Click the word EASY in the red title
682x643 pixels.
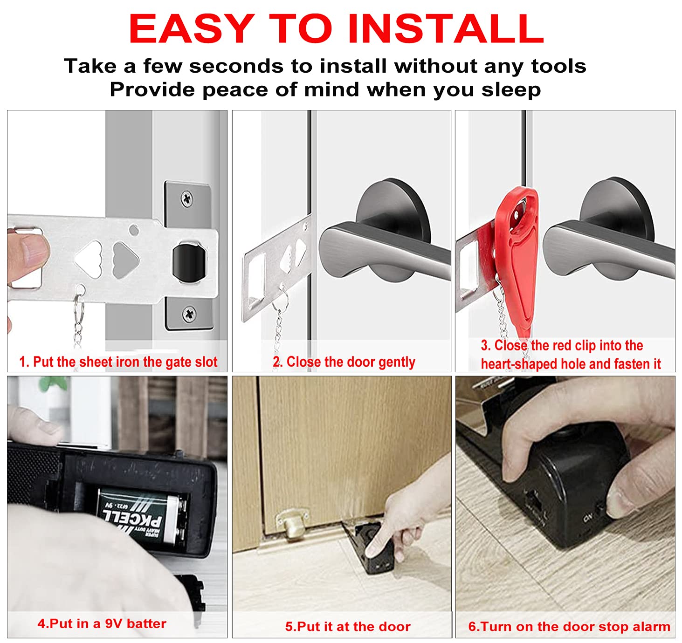(x=192, y=29)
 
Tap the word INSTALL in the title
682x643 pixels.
(x=446, y=29)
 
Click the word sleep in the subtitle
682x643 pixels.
(x=511, y=89)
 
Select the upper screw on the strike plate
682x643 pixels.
(x=187, y=199)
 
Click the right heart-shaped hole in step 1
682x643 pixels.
(x=125, y=259)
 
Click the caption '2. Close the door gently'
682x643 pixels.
(x=344, y=362)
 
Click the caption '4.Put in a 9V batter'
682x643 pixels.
(x=102, y=623)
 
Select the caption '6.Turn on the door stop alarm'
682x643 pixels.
(x=569, y=626)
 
